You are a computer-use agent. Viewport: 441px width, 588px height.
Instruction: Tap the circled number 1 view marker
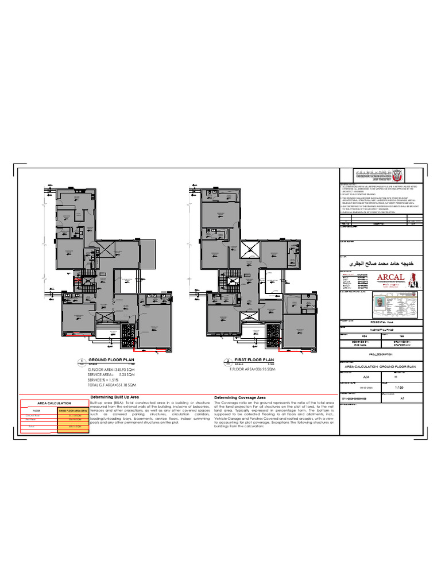81,361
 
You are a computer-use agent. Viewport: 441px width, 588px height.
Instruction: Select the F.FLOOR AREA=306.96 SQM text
253,369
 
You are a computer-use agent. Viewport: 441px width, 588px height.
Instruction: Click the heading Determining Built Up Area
115,397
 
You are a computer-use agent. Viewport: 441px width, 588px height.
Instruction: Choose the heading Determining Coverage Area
239,397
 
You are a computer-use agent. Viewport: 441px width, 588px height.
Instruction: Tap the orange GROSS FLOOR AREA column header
72,411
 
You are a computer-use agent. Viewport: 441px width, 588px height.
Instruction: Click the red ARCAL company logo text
390,278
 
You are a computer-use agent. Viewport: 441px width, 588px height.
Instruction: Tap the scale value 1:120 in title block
399,388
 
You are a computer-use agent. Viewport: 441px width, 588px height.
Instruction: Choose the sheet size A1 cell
401,397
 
